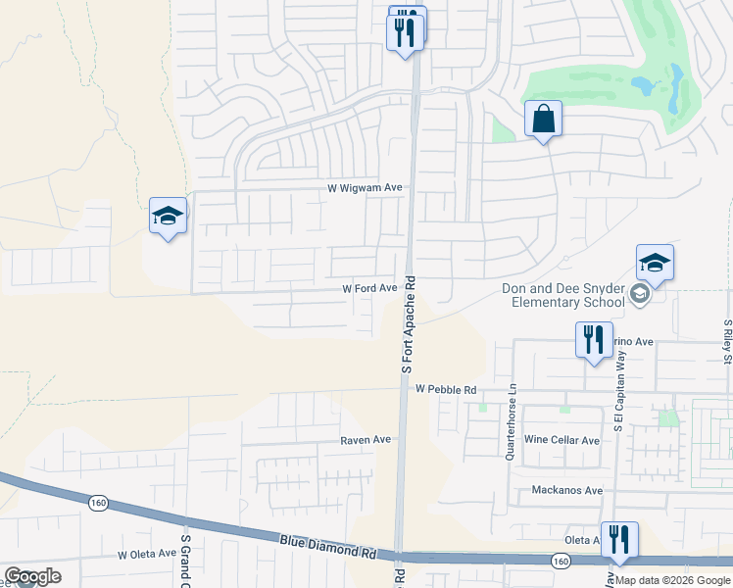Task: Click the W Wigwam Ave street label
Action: tap(366, 187)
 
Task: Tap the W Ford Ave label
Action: tap(368, 288)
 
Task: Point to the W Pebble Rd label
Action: tap(445, 389)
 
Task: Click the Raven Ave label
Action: tap(366, 440)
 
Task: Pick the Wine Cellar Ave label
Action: tap(562, 440)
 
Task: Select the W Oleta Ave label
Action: tap(147, 554)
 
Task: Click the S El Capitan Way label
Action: tap(618, 392)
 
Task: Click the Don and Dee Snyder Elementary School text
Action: tap(562, 295)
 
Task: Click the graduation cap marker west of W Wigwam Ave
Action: tap(168, 218)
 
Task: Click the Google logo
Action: tap(32, 576)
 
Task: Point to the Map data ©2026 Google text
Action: tap(671, 580)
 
